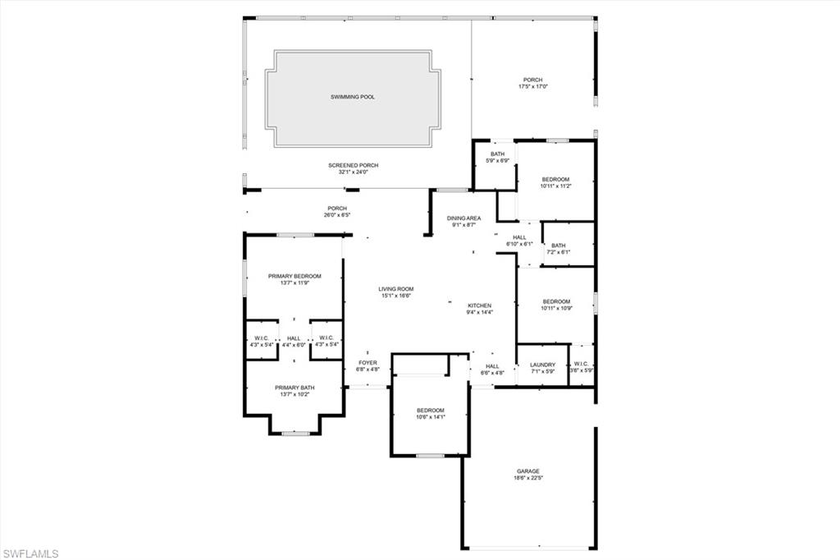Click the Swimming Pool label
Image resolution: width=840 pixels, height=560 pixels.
click(353, 97)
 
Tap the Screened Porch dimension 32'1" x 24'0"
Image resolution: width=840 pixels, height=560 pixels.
click(353, 172)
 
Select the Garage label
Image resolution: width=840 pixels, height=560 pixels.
click(527, 471)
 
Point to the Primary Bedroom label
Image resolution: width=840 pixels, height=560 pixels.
click(294, 276)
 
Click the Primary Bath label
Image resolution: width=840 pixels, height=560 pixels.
click(294, 388)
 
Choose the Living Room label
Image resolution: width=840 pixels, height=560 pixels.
click(395, 288)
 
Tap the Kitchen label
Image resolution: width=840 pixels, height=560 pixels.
click(479, 305)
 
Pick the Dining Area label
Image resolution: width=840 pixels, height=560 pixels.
click(463, 218)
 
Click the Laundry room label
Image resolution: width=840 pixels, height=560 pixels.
click(542, 365)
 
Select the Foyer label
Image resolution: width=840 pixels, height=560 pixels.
click(368, 362)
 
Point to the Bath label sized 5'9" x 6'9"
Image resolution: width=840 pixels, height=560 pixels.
click(498, 154)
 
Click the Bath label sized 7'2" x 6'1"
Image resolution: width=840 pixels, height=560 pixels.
click(558, 245)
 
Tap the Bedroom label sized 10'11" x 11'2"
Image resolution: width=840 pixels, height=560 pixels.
click(555, 179)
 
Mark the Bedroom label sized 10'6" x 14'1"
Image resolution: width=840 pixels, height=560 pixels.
click(430, 410)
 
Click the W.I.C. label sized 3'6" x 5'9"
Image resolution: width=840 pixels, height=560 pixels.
click(582, 365)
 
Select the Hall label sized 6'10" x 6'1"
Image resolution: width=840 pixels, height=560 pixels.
click(519, 237)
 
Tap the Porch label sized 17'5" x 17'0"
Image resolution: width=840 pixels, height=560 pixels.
click(533, 80)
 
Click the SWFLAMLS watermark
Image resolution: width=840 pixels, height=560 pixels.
click(30, 553)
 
